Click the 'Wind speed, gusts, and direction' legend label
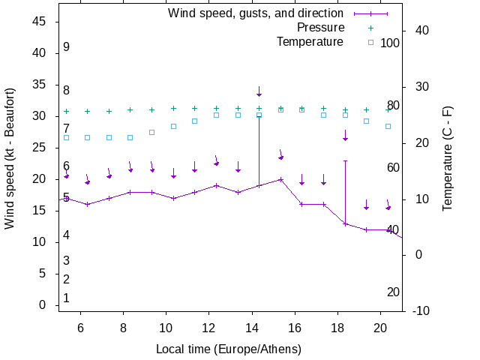pyautogui.click(x=255, y=13)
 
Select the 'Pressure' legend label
pyautogui.click(x=320, y=28)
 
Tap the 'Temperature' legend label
pyautogui.click(x=310, y=42)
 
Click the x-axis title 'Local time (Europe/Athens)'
pyautogui.click(x=229, y=349)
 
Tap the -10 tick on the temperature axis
pyautogui.click(x=421, y=310)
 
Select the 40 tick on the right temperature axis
pyautogui.click(x=421, y=31)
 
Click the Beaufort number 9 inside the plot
pyautogui.click(x=66, y=47)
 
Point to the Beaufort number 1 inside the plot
pyautogui.click(x=66, y=298)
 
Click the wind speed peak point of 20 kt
pyautogui.click(x=280, y=179)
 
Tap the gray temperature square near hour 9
pyautogui.click(x=151, y=132)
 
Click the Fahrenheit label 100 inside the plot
pyautogui.click(x=390, y=43)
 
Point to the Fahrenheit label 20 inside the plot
pyautogui.click(x=393, y=292)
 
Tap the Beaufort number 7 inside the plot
pyautogui.click(x=66, y=129)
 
